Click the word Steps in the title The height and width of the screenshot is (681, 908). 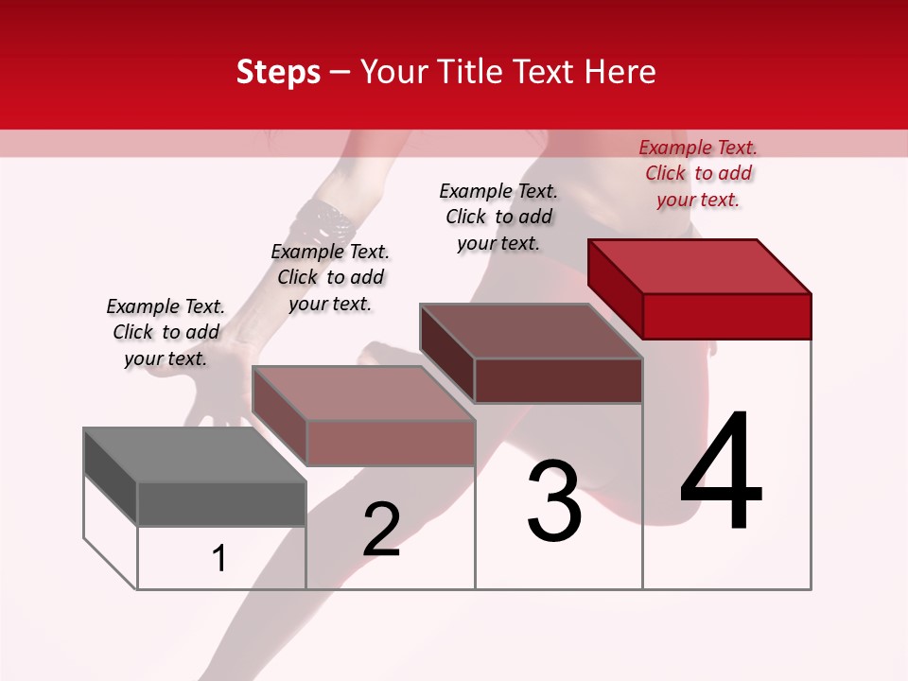tap(278, 72)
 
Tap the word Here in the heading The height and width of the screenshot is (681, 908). tap(620, 72)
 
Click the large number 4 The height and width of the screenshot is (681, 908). tap(721, 473)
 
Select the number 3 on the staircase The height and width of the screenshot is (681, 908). tap(554, 501)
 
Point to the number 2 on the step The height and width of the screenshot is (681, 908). tap(381, 530)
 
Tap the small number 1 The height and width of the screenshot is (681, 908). tap(219, 559)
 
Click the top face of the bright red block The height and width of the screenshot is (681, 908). tap(700, 267)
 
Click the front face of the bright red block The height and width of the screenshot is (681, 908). tap(726, 316)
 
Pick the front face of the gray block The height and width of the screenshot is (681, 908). tap(221, 504)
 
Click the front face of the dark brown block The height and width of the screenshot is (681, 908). tap(558, 380)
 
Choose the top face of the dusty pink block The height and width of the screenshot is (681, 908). tap(363, 393)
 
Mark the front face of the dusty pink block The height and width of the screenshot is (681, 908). tap(390, 443)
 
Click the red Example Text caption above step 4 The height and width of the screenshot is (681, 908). tap(698, 173)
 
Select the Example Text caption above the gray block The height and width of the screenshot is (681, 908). tap(166, 332)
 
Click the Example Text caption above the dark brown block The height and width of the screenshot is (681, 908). tap(498, 217)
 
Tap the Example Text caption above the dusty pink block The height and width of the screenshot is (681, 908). tap(330, 277)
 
